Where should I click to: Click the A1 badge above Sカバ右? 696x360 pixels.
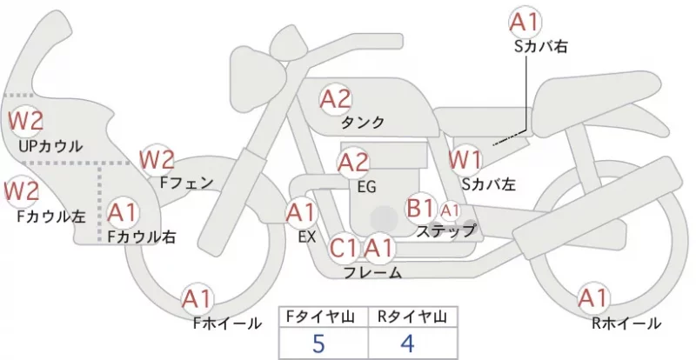525,23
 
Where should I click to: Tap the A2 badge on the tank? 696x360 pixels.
336,99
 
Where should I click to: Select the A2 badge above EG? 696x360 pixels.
353,163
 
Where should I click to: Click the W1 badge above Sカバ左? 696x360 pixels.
465,160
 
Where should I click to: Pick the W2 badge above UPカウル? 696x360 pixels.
26,121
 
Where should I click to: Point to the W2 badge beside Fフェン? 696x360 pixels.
157,160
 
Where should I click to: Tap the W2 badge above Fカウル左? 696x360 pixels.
21,192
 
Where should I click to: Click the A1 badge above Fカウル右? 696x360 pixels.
123,213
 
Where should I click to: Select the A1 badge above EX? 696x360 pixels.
301,214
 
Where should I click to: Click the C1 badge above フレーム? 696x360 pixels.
344,248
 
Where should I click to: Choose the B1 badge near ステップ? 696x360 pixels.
420,208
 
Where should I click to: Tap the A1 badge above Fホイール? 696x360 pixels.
197,299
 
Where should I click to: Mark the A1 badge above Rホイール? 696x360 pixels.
592,298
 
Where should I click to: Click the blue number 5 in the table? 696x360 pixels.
318,343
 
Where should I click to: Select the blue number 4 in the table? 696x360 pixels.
407,343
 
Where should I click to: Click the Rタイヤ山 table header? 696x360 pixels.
412,317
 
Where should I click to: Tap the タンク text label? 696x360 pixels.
362,122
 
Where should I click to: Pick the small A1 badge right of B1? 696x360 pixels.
450,211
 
